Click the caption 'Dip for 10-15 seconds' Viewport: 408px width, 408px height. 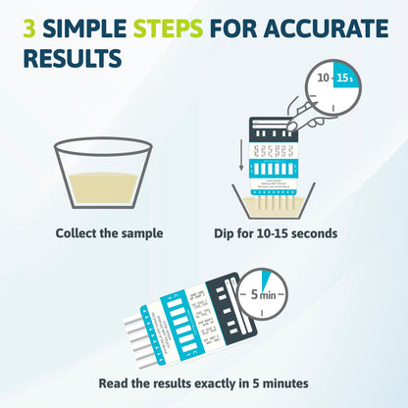click(x=276, y=234)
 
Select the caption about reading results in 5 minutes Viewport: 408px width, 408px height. click(x=204, y=383)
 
